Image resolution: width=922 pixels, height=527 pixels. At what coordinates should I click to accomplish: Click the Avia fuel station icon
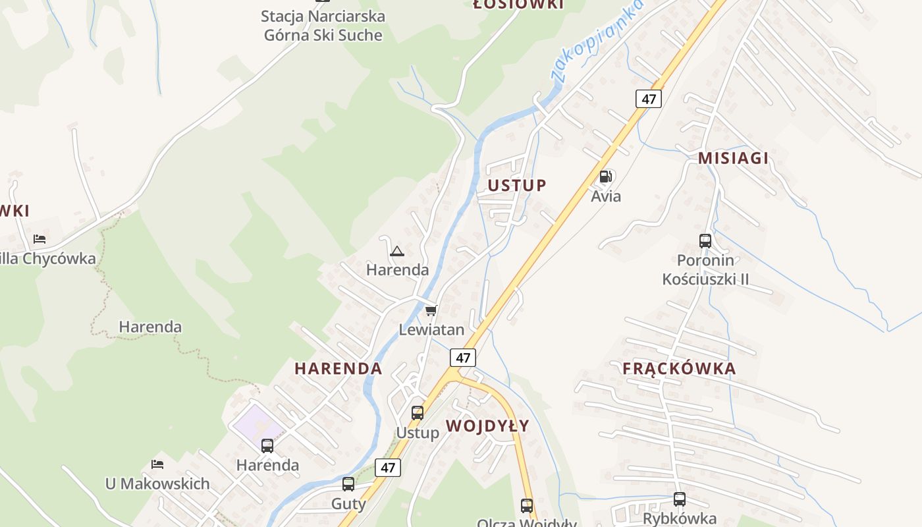click(605, 177)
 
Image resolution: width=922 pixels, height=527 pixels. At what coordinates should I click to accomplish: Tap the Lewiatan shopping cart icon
click(431, 310)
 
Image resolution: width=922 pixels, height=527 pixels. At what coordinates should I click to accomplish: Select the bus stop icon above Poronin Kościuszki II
click(705, 241)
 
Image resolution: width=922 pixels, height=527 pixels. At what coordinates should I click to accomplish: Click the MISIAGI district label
click(733, 158)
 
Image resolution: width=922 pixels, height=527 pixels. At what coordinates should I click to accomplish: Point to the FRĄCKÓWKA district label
click(679, 369)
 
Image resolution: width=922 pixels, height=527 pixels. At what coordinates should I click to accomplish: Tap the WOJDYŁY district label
click(487, 426)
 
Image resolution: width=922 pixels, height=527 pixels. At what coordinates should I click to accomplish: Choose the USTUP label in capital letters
click(517, 186)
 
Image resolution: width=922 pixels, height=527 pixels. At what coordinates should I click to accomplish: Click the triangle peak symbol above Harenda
click(396, 251)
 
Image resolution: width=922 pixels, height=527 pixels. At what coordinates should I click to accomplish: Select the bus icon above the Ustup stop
click(418, 413)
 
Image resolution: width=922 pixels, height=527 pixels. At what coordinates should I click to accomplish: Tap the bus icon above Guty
click(348, 484)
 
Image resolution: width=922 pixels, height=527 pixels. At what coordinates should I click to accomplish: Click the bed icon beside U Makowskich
click(157, 464)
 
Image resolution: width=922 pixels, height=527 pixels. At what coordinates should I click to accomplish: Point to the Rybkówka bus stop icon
click(680, 499)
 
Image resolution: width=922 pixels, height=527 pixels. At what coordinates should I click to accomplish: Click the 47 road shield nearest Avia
click(649, 99)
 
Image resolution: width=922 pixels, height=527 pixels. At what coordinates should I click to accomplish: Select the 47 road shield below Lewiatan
click(463, 358)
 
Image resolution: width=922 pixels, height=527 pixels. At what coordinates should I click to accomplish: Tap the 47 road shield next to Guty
click(388, 468)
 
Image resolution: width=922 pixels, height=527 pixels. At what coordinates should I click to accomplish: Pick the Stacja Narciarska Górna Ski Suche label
click(323, 26)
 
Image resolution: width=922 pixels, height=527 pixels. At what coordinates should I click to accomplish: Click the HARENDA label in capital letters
click(338, 369)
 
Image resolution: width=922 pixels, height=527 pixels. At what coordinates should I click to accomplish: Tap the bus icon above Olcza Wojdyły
click(527, 506)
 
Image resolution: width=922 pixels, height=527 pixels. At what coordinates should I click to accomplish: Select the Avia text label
click(606, 196)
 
